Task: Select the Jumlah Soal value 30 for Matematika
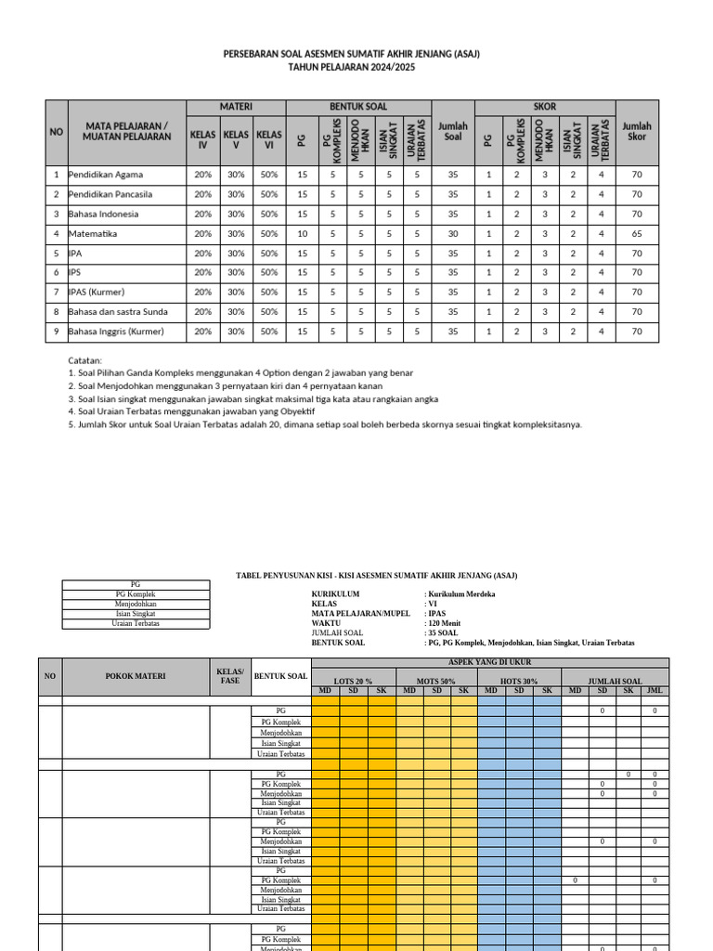452,233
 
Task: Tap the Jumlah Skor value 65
637,233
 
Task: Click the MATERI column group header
236,107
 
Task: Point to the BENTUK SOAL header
358,107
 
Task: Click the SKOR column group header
545,107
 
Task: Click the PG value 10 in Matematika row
302,233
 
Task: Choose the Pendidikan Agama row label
106,175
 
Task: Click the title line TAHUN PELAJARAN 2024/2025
351,68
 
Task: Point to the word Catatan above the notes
85,359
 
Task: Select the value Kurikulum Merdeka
461,593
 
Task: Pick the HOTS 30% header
519,681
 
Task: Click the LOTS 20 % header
353,681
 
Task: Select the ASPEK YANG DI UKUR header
489,662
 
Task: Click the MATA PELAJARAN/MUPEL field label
360,613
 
